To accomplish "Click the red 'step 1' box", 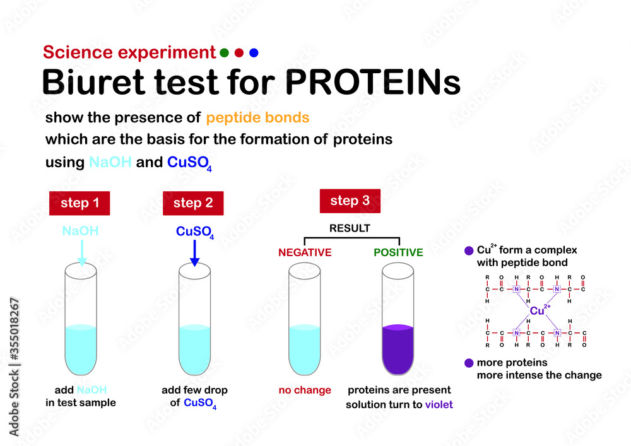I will (80, 203).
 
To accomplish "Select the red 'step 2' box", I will (193, 203).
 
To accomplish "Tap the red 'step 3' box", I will (350, 201).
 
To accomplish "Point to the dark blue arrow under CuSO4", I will (194, 254).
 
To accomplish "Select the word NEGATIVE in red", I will (305, 252).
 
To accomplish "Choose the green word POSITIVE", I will (398, 252).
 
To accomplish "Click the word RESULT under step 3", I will (350, 228).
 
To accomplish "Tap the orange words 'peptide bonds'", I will (257, 117).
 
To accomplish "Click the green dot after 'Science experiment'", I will (224, 53).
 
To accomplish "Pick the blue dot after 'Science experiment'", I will (254, 53).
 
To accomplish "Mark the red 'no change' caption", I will (304, 390).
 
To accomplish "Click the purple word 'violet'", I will (439, 405).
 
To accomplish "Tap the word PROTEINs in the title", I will (372, 82).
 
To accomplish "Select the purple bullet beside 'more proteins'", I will (468, 363).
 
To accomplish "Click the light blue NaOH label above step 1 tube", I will (80, 232).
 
